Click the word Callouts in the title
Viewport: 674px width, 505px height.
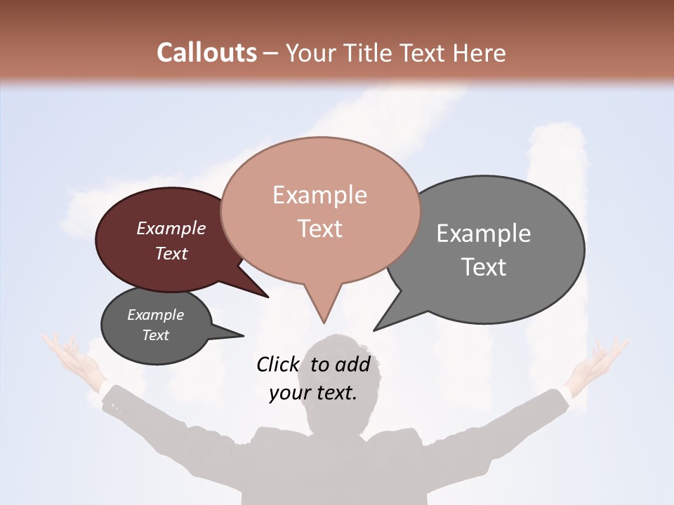tap(206, 53)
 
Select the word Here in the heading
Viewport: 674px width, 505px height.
tap(480, 53)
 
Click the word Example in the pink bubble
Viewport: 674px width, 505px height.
tap(319, 195)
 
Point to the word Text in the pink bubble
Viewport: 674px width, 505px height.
tap(319, 229)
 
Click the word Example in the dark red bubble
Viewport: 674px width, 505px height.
tap(171, 229)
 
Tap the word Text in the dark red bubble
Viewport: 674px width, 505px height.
tap(171, 253)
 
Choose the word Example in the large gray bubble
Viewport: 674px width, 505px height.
tap(484, 234)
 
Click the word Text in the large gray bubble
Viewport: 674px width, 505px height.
tap(484, 267)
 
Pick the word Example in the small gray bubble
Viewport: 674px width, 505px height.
tap(156, 315)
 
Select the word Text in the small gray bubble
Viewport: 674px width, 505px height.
tap(156, 335)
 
